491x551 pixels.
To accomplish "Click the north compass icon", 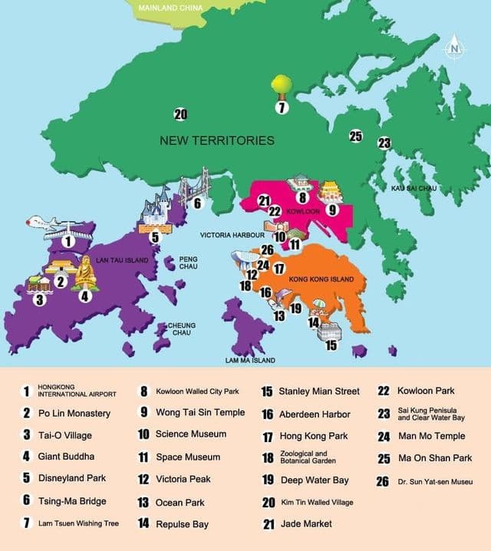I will [456, 48].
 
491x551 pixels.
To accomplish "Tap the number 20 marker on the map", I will [180, 115].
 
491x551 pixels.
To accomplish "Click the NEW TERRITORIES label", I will [217, 140].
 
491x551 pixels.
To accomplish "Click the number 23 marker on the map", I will [384, 143].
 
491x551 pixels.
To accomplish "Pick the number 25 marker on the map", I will [355, 136].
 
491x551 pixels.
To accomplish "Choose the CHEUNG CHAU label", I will [182, 329].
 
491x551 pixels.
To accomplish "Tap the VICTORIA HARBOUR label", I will [232, 234].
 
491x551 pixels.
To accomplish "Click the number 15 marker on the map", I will [331, 345].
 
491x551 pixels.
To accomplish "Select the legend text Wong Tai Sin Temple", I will [200, 412].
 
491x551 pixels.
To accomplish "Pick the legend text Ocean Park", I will [182, 502].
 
